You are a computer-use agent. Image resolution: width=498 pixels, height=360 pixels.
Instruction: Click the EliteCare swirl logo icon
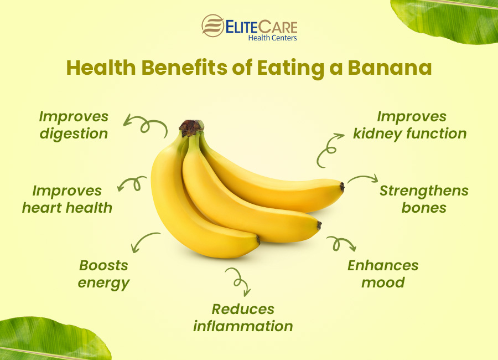tap(213, 26)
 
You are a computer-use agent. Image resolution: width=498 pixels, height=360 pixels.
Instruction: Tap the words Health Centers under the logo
tap(272, 38)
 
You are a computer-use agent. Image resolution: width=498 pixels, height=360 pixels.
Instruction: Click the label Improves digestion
tap(73, 125)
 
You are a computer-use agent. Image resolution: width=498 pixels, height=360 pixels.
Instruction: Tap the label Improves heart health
tap(67, 199)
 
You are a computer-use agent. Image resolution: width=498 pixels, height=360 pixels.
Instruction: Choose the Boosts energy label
tap(103, 274)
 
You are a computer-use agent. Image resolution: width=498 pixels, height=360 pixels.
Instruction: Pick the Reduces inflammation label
tap(243, 317)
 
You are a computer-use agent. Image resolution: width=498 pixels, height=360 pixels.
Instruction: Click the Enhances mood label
tap(383, 274)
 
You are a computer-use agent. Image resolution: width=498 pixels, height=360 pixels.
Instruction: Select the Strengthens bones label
tap(424, 199)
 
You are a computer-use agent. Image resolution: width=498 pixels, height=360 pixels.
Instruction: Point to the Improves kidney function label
tap(410, 125)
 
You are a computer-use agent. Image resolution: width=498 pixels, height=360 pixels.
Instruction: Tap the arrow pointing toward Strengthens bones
tap(362, 179)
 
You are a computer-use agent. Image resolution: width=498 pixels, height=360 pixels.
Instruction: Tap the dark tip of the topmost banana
tap(342, 187)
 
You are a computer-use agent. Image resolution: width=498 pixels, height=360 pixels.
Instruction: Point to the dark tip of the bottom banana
tap(258, 239)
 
